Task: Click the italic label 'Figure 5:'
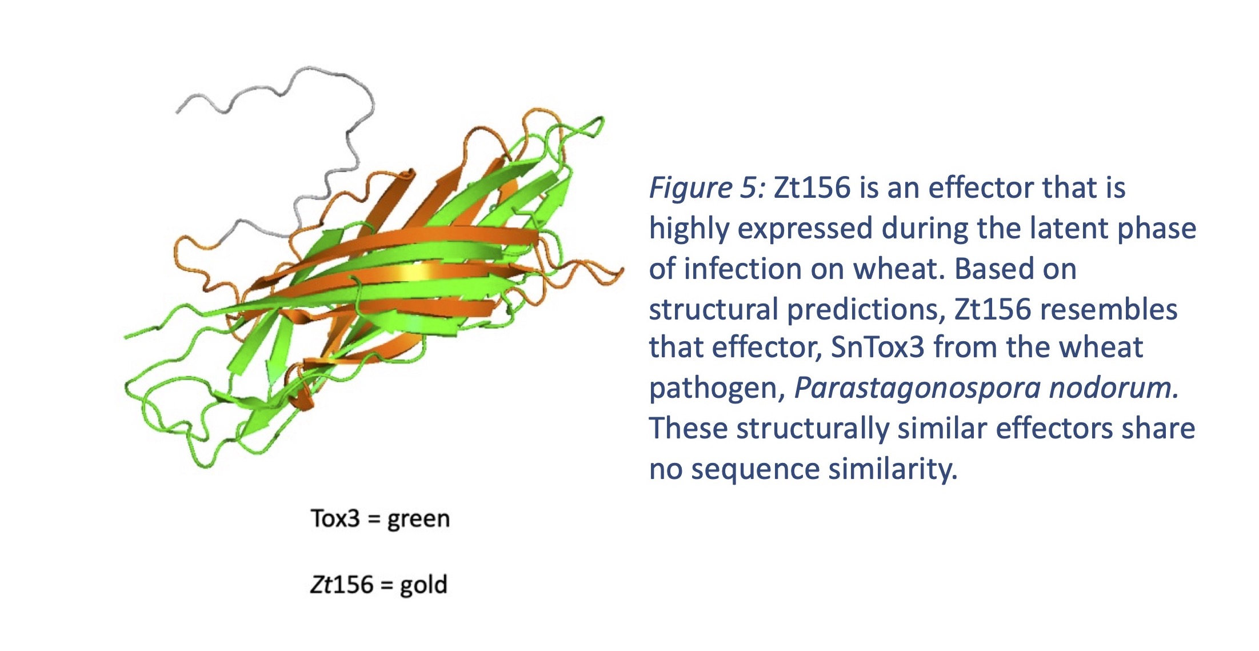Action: click(707, 189)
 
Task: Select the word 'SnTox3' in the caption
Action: click(877, 348)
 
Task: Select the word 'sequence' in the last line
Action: click(756, 470)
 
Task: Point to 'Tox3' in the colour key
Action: click(335, 518)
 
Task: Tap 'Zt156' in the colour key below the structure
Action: click(342, 585)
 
